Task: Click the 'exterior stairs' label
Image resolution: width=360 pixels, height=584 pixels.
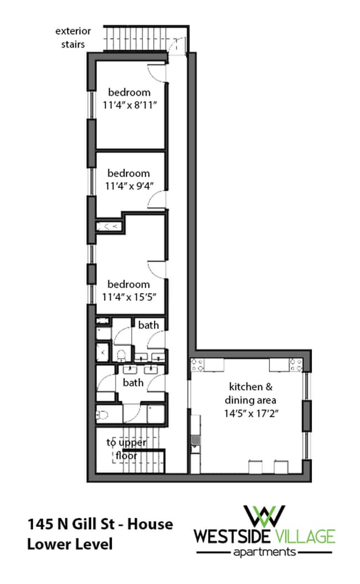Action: pos(73,37)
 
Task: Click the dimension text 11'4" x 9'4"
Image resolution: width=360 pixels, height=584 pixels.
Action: pos(130,186)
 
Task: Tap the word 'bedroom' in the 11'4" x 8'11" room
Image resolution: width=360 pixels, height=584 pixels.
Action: pos(129,93)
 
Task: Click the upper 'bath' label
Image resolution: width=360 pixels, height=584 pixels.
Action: pos(148,325)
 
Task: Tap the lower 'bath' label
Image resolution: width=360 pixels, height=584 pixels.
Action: pos(133,382)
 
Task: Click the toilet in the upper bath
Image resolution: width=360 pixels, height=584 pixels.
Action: pos(122,354)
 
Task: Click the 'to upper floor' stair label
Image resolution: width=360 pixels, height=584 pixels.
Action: pos(126,449)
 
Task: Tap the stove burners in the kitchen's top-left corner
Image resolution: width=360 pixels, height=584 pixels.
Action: pos(197,364)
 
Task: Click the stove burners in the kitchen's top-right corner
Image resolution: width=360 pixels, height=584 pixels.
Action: pos(297,365)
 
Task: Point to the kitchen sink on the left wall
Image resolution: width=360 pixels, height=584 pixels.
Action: pos(194,442)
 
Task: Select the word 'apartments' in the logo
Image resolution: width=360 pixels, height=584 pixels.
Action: pos(264,552)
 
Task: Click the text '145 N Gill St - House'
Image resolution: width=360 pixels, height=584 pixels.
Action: pos(100,524)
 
